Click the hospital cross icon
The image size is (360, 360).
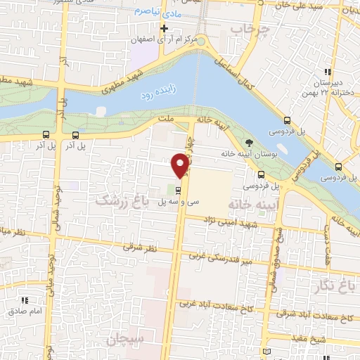coord(164,29)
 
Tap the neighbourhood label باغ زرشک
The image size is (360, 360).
coord(124,200)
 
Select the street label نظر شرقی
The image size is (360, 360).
coord(139,247)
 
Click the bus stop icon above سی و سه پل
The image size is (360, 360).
coord(178,189)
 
